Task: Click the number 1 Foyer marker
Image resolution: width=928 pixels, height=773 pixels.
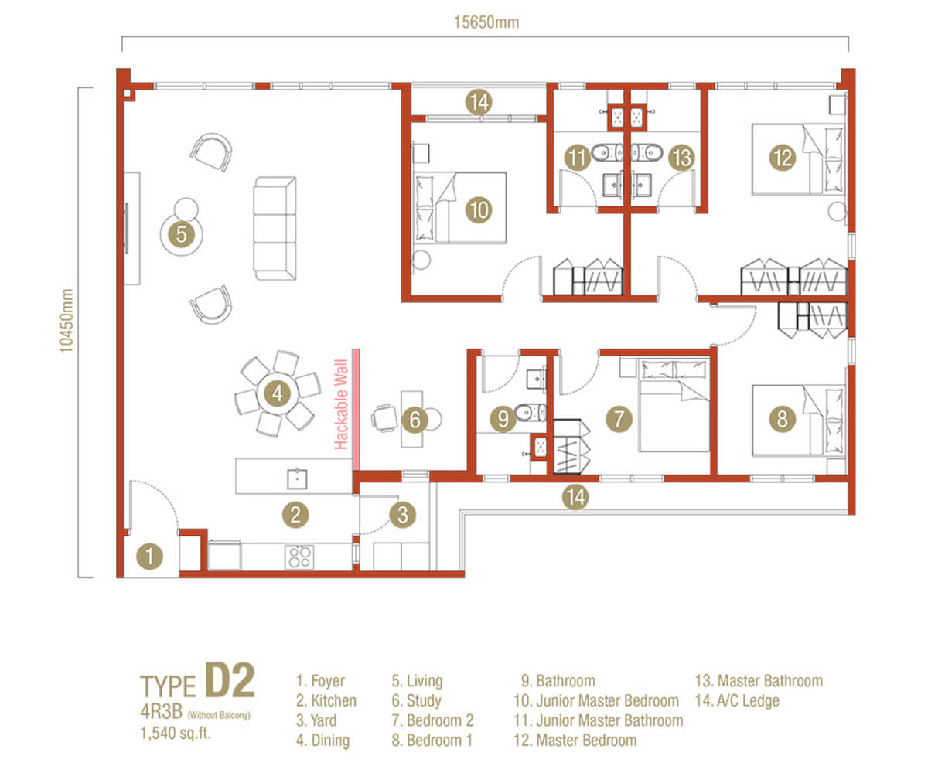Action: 151,555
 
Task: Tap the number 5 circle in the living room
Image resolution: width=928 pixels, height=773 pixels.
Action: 181,233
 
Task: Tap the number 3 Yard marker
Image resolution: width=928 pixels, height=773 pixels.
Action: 402,514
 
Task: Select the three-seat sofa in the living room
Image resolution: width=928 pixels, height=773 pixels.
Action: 275,228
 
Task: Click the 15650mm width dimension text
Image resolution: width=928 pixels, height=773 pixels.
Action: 485,22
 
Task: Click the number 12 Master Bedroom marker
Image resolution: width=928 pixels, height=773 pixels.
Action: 783,158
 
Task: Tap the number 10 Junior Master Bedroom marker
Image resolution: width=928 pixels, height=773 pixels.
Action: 479,208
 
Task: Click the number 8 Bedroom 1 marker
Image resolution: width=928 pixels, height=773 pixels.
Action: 783,420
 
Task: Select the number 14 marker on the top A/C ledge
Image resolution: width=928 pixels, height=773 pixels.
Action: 479,101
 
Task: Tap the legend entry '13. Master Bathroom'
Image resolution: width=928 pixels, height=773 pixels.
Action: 759,681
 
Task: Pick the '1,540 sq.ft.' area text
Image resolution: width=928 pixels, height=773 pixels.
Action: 175,733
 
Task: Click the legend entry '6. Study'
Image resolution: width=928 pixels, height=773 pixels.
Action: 417,701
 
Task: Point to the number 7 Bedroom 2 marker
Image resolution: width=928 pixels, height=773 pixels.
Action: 619,420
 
